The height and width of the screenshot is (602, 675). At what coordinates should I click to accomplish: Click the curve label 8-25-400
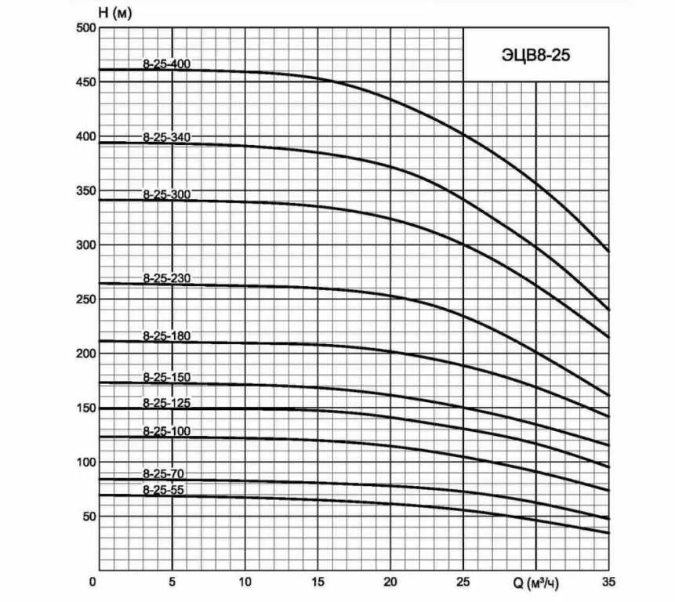pos(167,63)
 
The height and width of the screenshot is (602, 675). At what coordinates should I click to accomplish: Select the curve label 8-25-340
pos(167,137)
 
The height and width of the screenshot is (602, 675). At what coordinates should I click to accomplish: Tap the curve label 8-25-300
pos(167,194)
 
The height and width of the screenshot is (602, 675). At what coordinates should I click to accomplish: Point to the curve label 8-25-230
pos(167,278)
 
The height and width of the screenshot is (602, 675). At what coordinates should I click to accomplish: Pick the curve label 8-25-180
pos(167,335)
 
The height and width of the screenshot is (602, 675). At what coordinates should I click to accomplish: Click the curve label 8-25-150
pos(167,377)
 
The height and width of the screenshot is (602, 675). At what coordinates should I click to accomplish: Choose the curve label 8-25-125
pos(167,403)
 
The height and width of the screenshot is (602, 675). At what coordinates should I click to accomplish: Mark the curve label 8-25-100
pos(167,431)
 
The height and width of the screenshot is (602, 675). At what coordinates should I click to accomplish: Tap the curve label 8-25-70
pos(164,474)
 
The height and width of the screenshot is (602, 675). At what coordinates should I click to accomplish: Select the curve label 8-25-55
pos(164,490)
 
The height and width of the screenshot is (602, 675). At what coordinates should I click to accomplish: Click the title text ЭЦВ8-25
pos(535,55)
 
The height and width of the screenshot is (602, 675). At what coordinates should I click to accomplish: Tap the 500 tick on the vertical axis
pos(85,28)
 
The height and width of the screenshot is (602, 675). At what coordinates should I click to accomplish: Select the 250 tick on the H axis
pos(85,299)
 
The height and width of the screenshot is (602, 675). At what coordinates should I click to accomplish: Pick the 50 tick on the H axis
pos(88,517)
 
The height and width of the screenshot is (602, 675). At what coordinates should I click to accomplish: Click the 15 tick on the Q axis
pos(318,582)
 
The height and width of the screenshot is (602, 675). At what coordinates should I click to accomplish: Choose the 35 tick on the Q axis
pos(608,582)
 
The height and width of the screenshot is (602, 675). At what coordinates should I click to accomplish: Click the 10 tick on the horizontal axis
pos(245,582)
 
